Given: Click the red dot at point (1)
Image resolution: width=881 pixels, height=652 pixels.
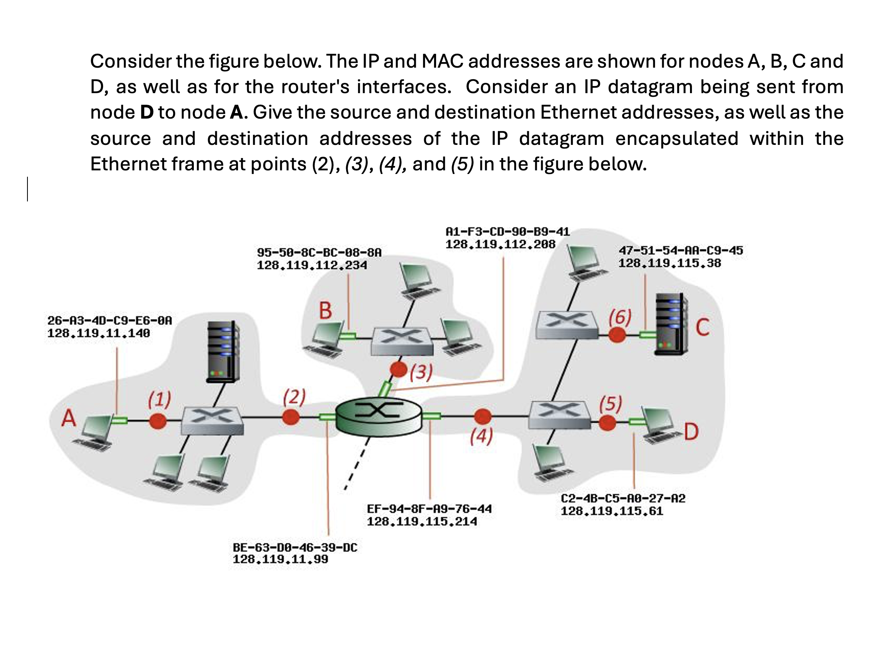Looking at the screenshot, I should click(158, 421).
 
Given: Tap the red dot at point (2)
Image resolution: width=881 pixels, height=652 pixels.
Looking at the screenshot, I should click(290, 417).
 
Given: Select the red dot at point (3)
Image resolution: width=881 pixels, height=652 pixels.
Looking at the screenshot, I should click(398, 369).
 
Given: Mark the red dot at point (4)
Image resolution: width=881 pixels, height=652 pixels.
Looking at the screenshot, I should click(483, 417).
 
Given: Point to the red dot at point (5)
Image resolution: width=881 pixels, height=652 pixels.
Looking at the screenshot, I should click(607, 423).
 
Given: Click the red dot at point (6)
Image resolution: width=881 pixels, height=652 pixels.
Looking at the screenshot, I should click(617, 334).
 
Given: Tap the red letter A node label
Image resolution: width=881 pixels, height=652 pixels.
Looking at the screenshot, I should click(68, 418).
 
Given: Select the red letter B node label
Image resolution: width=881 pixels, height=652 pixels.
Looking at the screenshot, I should click(325, 311).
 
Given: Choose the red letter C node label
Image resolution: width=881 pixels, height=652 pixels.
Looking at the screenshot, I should click(703, 328).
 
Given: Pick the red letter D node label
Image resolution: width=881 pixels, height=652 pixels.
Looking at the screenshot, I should click(691, 431).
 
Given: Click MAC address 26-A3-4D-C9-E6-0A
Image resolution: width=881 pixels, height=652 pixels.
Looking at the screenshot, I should click(109, 320).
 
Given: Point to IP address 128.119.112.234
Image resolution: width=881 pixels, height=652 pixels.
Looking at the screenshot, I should click(312, 265).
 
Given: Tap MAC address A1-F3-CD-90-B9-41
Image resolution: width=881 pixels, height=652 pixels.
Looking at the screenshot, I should click(507, 232).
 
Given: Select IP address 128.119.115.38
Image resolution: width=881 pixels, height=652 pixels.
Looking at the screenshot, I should click(669, 263).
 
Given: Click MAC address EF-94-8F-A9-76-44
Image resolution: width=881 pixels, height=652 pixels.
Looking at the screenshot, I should click(429, 509).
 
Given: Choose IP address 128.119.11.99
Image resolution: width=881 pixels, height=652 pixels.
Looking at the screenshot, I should click(280, 559).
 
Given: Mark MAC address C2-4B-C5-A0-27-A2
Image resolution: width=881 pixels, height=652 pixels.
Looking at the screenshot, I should click(623, 498).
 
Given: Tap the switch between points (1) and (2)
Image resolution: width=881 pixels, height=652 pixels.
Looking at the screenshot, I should click(212, 420).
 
